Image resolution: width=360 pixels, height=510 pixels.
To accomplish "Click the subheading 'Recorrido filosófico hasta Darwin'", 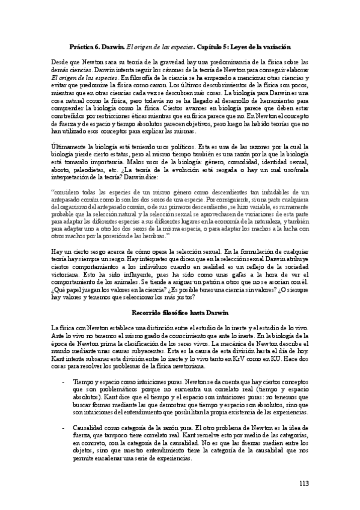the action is [x=180, y=312].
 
